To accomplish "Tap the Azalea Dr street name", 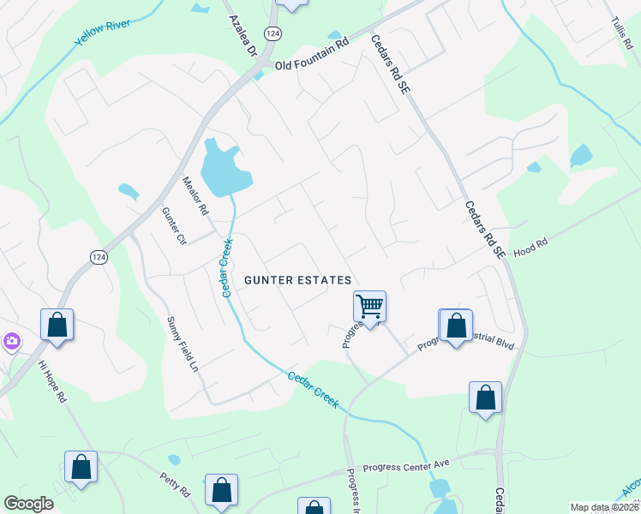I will point(243,35).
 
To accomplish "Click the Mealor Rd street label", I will point(196,195).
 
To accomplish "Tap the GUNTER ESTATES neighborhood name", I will point(297,280).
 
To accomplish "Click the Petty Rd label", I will point(174,484).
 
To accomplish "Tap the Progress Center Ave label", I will point(406,467).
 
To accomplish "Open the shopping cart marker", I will point(370,306).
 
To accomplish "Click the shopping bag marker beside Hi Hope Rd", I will point(57,326).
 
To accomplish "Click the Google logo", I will point(29,504).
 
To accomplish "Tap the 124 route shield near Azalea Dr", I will point(273,33).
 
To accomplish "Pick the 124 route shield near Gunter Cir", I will point(98,257).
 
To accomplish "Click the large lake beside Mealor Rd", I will point(225,170).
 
